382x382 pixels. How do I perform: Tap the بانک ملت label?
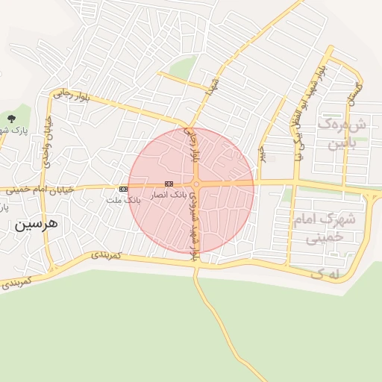[x=123, y=201]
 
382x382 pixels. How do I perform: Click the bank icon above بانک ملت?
[x=123, y=190]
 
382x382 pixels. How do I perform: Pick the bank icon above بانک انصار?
[x=169, y=184]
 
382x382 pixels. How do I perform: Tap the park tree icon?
[x=10, y=119]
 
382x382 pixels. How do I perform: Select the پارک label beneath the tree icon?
[x=18, y=131]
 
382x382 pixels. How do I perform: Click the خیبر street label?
[x=263, y=153]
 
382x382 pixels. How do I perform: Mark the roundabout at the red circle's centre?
[x=195, y=184]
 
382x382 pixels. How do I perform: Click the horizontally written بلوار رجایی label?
[x=70, y=97]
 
